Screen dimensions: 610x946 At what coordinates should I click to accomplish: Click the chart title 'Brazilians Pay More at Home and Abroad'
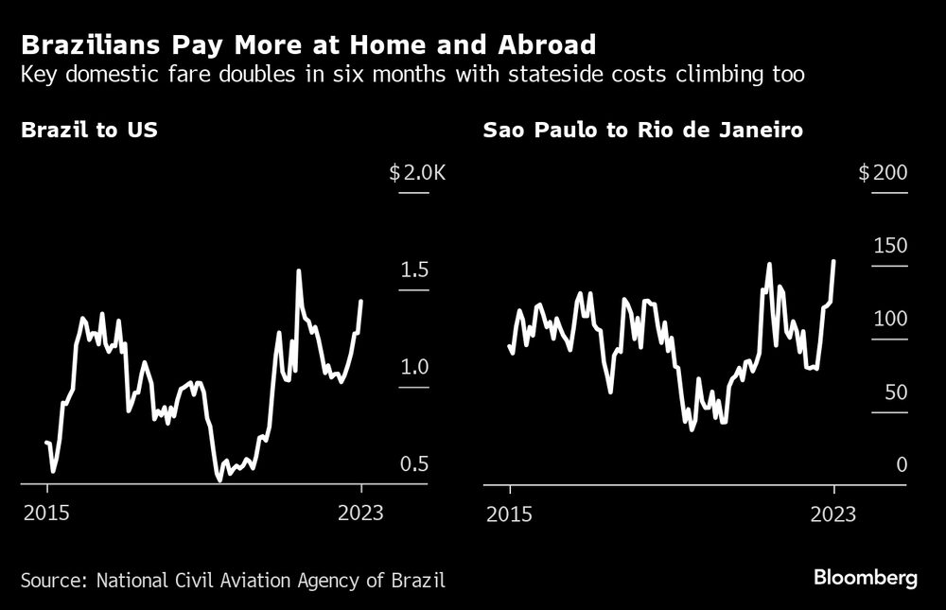pos(308,44)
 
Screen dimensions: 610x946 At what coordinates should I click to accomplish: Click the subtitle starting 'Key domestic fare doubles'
pos(412,75)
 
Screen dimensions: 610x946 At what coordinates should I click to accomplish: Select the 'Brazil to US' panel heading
pos(89,131)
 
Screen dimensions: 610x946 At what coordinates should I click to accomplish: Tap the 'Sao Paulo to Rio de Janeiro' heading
pos(643,131)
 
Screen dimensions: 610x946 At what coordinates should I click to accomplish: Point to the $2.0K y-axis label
pos(416,173)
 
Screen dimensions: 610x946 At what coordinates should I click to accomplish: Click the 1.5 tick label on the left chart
pos(414,271)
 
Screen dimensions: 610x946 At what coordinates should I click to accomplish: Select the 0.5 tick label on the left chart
pos(414,464)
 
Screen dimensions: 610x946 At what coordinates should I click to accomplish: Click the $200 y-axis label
pos(882,173)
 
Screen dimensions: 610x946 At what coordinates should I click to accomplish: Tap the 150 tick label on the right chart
pos(888,246)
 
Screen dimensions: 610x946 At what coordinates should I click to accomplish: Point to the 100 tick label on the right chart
pos(888,319)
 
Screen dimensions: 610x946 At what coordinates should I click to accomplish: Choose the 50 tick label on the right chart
pos(894,392)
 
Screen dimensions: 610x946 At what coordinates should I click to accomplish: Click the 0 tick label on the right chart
pos(901,464)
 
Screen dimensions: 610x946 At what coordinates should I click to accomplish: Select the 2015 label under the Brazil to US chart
pos(47,514)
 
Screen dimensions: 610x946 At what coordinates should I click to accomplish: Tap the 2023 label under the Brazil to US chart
pos(360,514)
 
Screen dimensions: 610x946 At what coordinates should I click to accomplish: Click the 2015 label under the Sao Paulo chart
pos(510,514)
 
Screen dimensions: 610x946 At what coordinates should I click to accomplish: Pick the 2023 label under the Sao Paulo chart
pos(833,514)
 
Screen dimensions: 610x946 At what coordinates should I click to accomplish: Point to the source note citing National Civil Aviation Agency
pos(233,579)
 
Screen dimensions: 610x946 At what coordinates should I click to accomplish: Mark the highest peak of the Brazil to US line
pos(298,271)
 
